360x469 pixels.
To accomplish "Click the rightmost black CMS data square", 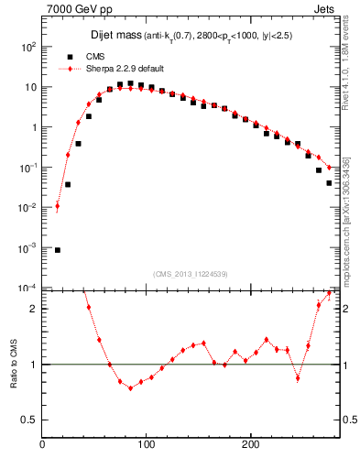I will coord(329,183).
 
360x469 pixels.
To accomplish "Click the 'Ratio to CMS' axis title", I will coord(13,364).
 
